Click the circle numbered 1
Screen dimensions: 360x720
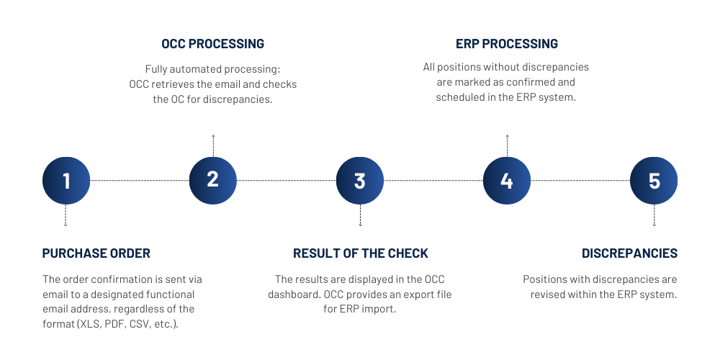(x=66, y=180)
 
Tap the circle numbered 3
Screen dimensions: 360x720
(x=360, y=180)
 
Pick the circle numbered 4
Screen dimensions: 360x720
(x=507, y=180)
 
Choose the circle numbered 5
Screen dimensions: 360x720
(x=654, y=180)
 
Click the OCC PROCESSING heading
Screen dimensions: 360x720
(x=212, y=44)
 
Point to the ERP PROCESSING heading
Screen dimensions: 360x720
(x=507, y=44)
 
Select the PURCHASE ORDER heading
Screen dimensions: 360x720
(x=96, y=253)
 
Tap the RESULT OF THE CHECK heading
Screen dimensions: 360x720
(x=360, y=253)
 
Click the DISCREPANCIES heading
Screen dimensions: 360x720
(x=629, y=253)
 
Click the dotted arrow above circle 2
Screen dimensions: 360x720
(x=213, y=145)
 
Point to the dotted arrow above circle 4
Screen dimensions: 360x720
(x=507, y=145)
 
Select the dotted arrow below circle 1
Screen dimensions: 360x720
(x=66, y=215)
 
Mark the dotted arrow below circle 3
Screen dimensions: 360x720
(x=360, y=215)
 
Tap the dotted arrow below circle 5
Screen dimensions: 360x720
(x=654, y=215)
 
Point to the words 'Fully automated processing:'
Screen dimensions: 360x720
(x=212, y=69)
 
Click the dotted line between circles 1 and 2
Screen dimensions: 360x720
(x=140, y=180)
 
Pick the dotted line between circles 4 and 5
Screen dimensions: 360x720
(x=580, y=180)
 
